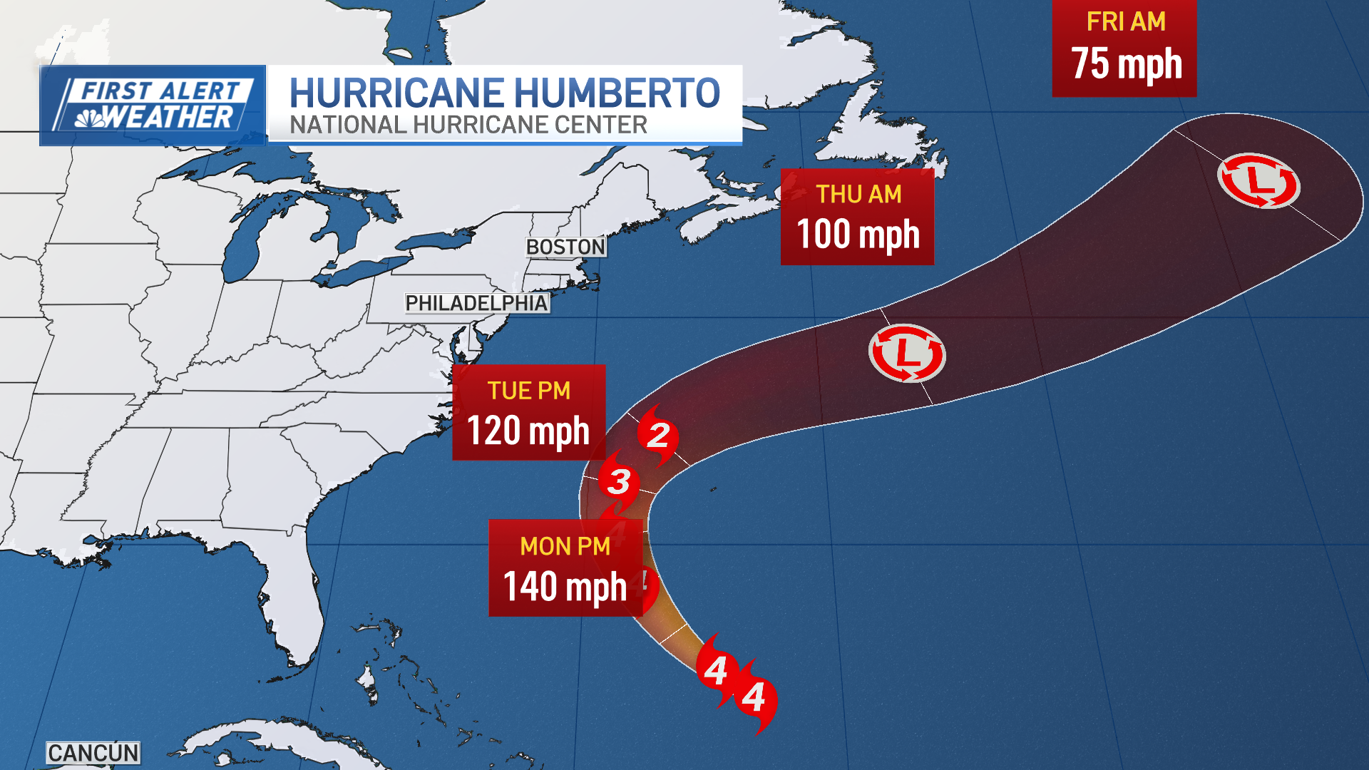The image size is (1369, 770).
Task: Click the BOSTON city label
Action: pyautogui.click(x=565, y=247)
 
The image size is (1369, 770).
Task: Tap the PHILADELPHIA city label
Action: pyautogui.click(x=476, y=303)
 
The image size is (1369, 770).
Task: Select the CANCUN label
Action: pyautogui.click(x=93, y=753)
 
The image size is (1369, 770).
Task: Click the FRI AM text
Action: pyautogui.click(x=1126, y=22)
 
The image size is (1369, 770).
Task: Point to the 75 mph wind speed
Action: pyautogui.click(x=1126, y=64)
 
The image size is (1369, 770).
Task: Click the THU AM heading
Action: pyautogui.click(x=858, y=195)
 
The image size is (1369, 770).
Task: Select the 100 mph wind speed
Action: pyautogui.click(x=858, y=235)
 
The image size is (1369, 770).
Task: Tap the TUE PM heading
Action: pyautogui.click(x=528, y=391)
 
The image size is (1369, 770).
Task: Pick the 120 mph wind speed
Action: pyautogui.click(x=528, y=431)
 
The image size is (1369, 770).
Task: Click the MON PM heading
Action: pyautogui.click(x=565, y=546)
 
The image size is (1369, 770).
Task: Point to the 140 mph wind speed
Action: pyautogui.click(x=565, y=587)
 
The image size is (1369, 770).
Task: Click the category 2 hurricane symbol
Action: pyautogui.click(x=657, y=435)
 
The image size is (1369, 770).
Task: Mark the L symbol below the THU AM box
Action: pyautogui.click(x=907, y=353)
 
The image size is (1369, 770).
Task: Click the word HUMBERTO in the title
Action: pyautogui.click(x=617, y=93)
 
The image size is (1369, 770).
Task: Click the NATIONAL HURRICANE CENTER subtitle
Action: pyautogui.click(x=468, y=125)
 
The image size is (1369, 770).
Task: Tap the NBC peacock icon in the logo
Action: pyautogui.click(x=91, y=118)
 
